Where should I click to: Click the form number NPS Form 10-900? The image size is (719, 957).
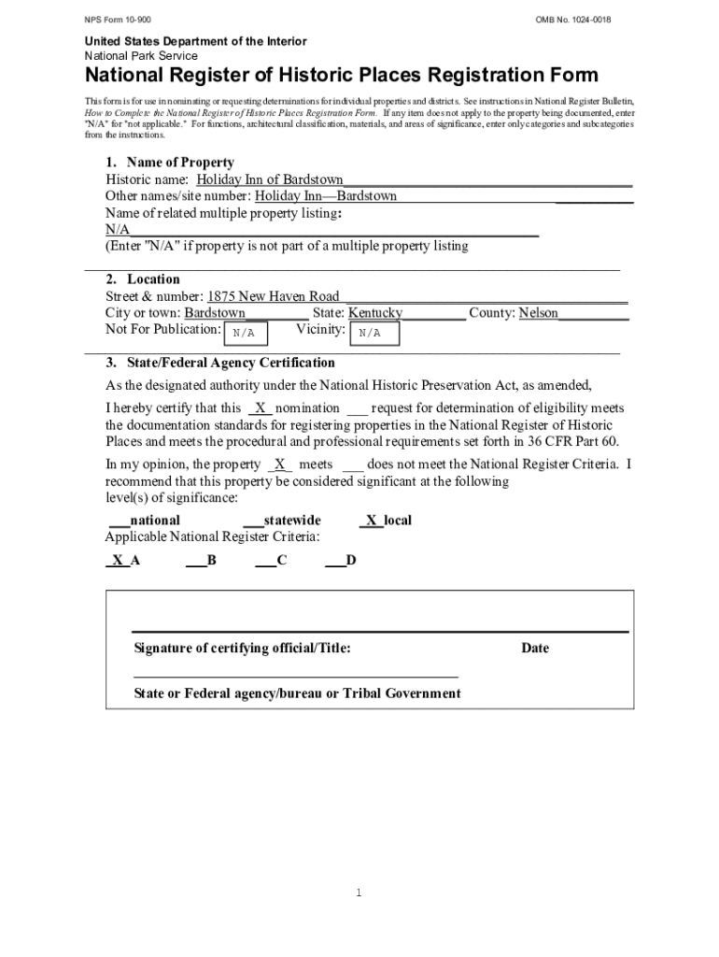tap(116, 21)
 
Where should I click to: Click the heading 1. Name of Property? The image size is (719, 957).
tap(169, 162)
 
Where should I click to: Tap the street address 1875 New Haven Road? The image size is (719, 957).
tap(273, 296)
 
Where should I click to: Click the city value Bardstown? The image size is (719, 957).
tap(215, 313)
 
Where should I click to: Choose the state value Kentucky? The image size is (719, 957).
tap(375, 313)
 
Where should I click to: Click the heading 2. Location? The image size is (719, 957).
tap(143, 279)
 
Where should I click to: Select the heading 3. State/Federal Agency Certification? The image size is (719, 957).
tap(219, 363)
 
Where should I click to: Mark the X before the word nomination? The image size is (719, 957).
tap(261, 408)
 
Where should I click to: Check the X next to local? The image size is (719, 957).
tap(371, 521)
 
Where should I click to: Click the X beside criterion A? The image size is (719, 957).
tap(117, 561)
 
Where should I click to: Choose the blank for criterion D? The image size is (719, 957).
tap(334, 561)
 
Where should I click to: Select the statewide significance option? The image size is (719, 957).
tap(282, 521)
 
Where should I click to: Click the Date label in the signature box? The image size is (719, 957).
tap(535, 649)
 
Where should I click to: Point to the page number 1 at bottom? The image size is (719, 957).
tap(359, 893)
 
